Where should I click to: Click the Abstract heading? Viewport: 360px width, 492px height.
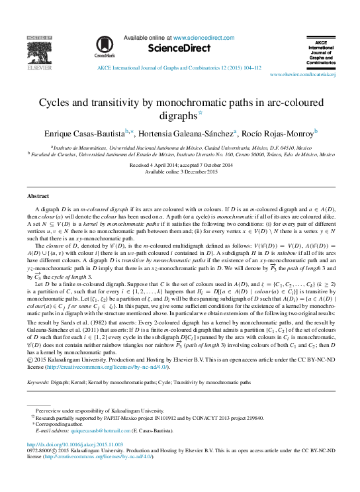point(38,197)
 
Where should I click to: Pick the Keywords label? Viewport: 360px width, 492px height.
point(39,382)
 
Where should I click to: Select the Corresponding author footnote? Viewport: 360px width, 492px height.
point(57,424)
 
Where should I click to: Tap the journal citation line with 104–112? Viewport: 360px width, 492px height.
point(179,68)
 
